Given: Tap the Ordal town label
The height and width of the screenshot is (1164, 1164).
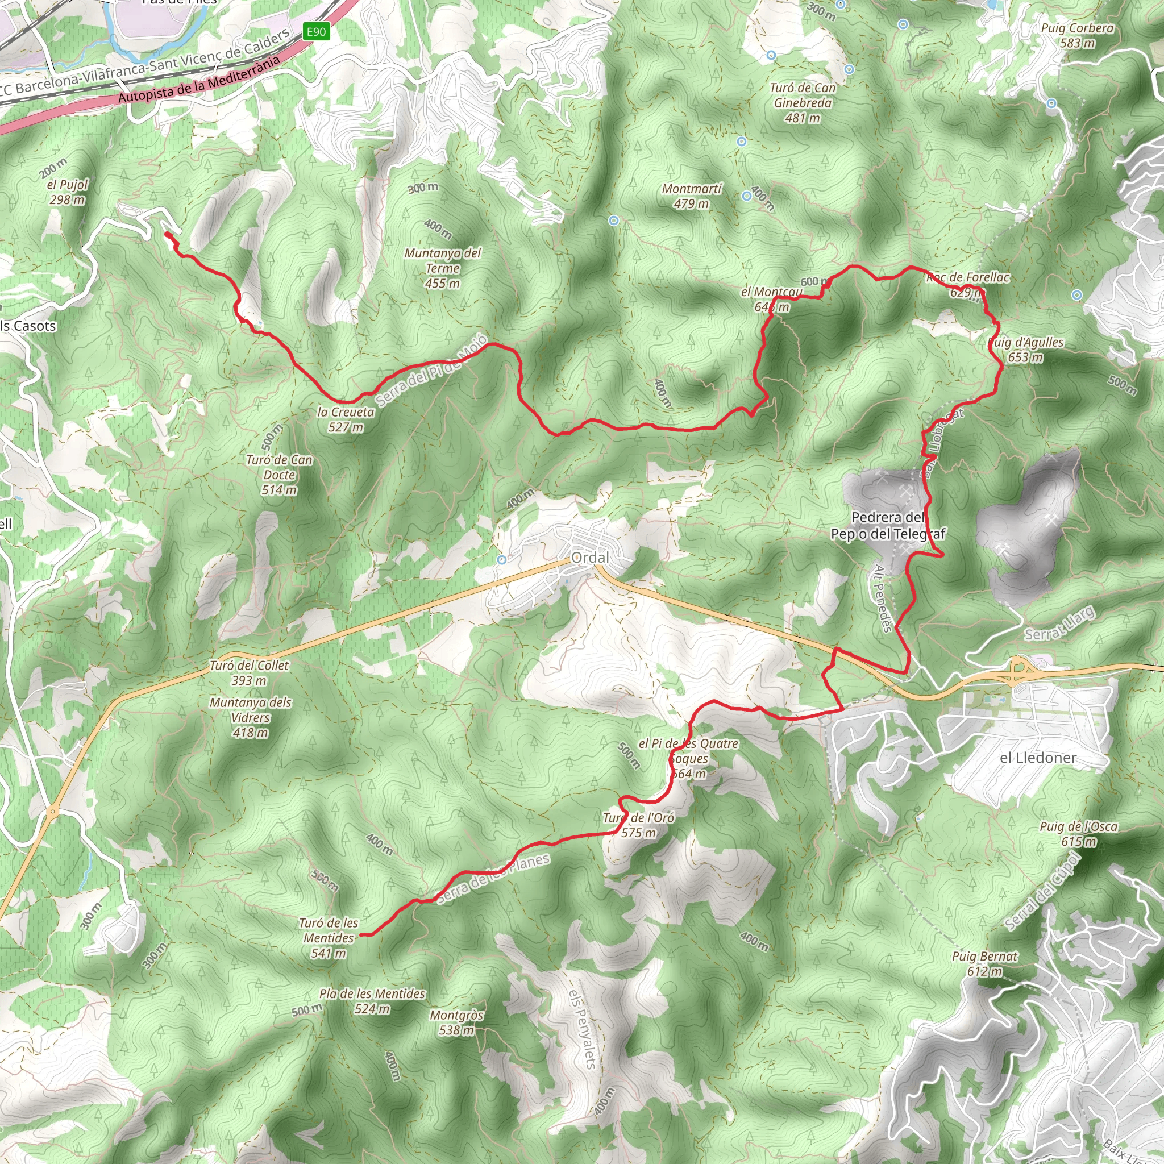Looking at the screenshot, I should click(x=590, y=558).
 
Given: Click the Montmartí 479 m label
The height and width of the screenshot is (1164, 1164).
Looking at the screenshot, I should click(x=691, y=197).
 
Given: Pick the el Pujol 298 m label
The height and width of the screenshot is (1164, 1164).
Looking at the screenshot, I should click(x=67, y=192).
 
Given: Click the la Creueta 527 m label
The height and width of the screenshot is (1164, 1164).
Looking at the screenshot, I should click(x=346, y=419).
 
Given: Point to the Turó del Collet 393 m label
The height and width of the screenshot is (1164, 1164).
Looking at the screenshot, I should click(x=249, y=672).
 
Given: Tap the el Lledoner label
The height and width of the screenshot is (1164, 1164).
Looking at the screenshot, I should click(x=1037, y=757).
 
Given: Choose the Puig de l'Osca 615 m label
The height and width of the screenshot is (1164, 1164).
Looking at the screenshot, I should click(x=1078, y=834).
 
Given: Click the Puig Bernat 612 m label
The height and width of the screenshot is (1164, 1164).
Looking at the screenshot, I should click(x=984, y=963).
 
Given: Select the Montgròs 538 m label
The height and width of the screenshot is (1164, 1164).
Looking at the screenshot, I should click(x=456, y=1022).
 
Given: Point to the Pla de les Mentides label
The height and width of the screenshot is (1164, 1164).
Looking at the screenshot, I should click(x=372, y=1001).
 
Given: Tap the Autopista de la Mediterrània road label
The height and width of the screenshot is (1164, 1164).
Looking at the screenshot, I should click(x=199, y=79).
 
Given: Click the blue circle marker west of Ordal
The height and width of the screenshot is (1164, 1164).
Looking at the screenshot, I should click(x=501, y=560).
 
